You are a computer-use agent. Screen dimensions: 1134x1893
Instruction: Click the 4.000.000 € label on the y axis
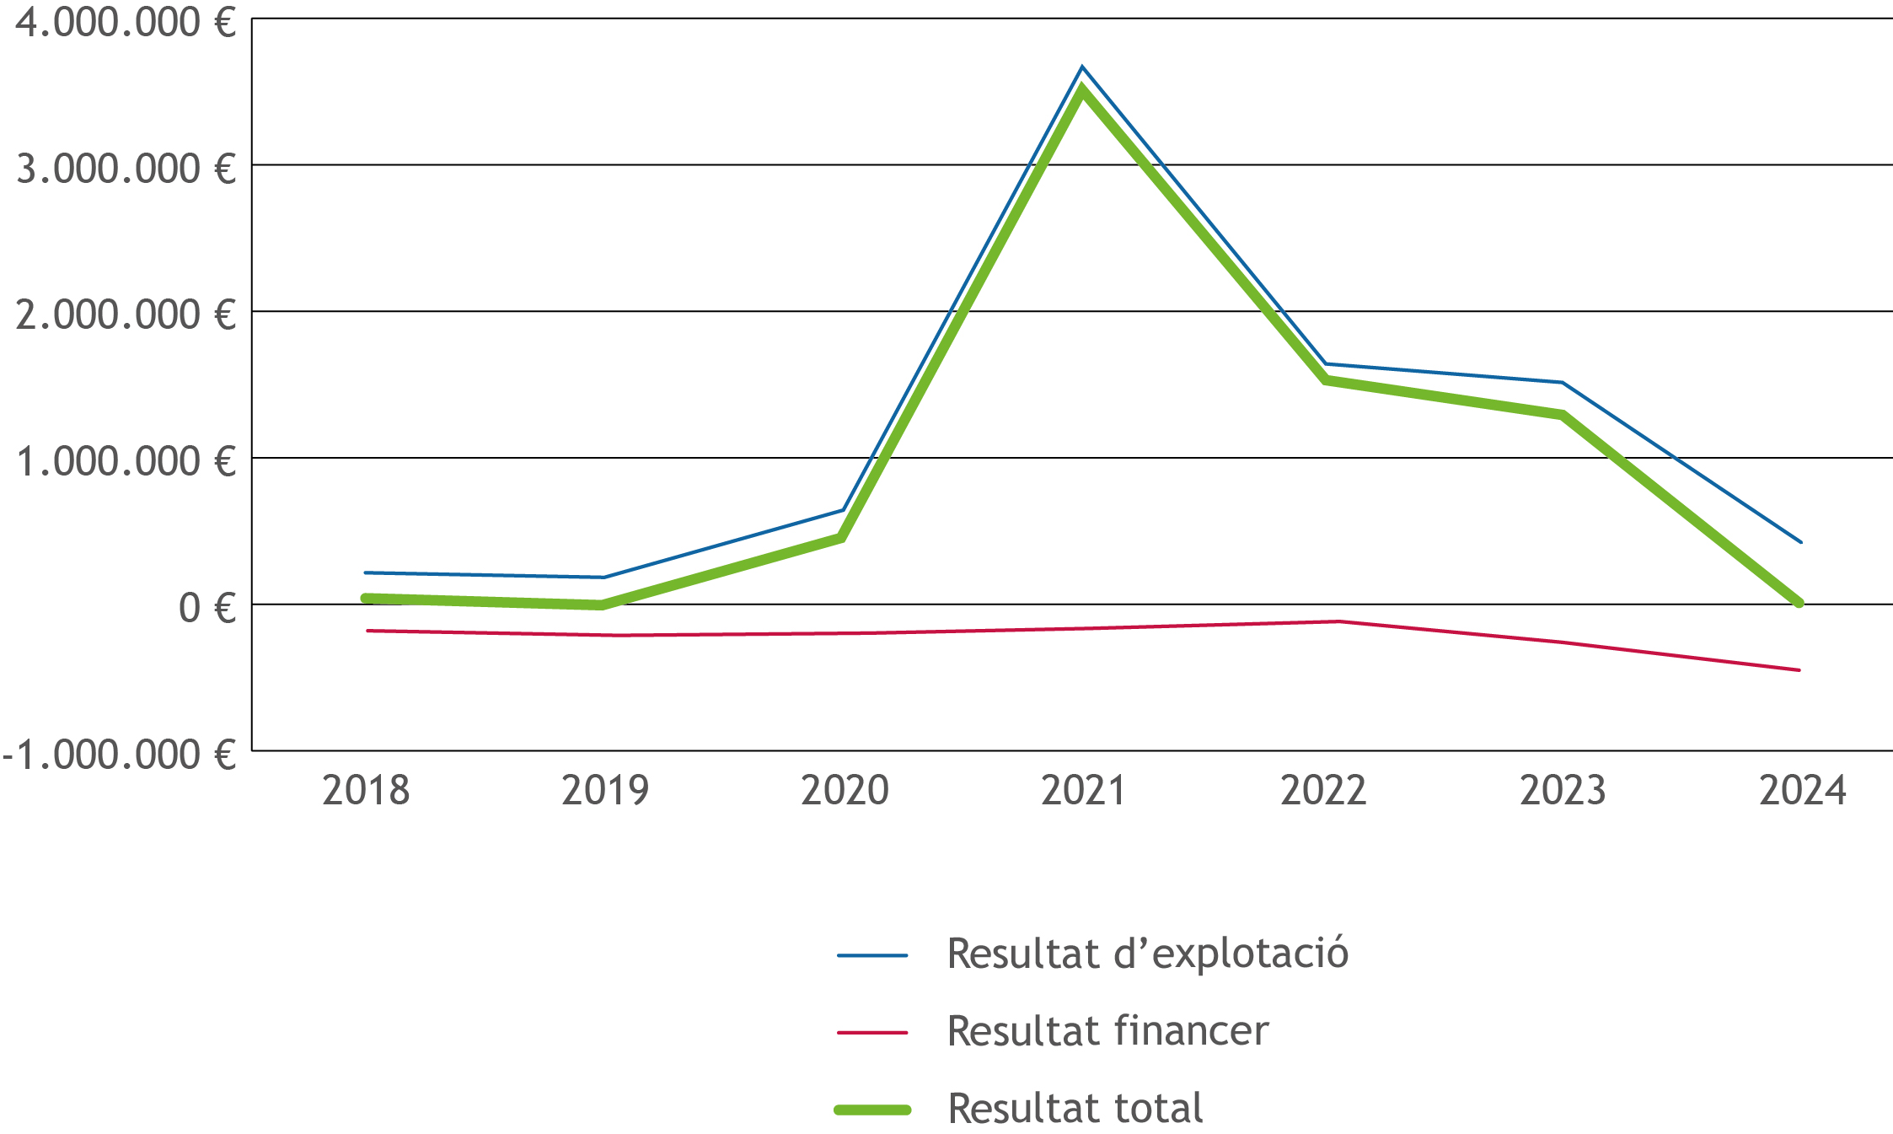pyautogui.click(x=125, y=22)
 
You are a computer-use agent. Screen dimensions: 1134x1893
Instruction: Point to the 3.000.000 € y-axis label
pyautogui.click(x=125, y=169)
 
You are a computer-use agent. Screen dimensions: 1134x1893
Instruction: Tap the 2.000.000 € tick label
pyautogui.click(x=125, y=315)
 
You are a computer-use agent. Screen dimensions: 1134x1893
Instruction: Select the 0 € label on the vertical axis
pyautogui.click(x=206, y=608)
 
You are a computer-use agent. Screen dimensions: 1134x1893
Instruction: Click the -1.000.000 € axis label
pyautogui.click(x=118, y=755)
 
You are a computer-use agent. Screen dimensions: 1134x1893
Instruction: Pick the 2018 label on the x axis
pyautogui.click(x=366, y=791)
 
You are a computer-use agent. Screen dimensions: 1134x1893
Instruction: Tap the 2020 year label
pyautogui.click(x=845, y=791)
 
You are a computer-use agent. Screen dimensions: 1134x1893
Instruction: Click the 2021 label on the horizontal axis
pyautogui.click(x=1083, y=791)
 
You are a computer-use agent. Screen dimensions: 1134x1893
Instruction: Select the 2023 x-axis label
pyautogui.click(x=1563, y=791)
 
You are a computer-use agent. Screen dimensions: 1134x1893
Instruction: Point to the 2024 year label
pyautogui.click(x=1802, y=791)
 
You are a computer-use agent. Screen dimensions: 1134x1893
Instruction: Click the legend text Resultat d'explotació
pyautogui.click(x=1147, y=954)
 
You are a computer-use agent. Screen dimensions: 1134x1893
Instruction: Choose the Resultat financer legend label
pyautogui.click(x=1107, y=1031)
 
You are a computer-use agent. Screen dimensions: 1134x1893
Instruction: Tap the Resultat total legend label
pyautogui.click(x=1075, y=1109)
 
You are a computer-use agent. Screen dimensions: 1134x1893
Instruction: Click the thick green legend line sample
pyautogui.click(x=872, y=1110)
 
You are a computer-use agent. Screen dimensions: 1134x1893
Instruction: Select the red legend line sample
pyautogui.click(x=872, y=1032)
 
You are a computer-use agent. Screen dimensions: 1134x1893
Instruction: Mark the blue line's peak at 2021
pyautogui.click(x=1082, y=67)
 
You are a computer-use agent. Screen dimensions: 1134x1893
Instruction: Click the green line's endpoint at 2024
pyautogui.click(x=1799, y=603)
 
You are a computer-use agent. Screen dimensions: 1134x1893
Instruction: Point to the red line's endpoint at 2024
pyautogui.click(x=1799, y=670)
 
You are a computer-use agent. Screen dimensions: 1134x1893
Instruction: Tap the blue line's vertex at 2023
pyautogui.click(x=1562, y=383)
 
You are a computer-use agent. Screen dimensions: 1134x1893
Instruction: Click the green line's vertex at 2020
pyautogui.click(x=841, y=538)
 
